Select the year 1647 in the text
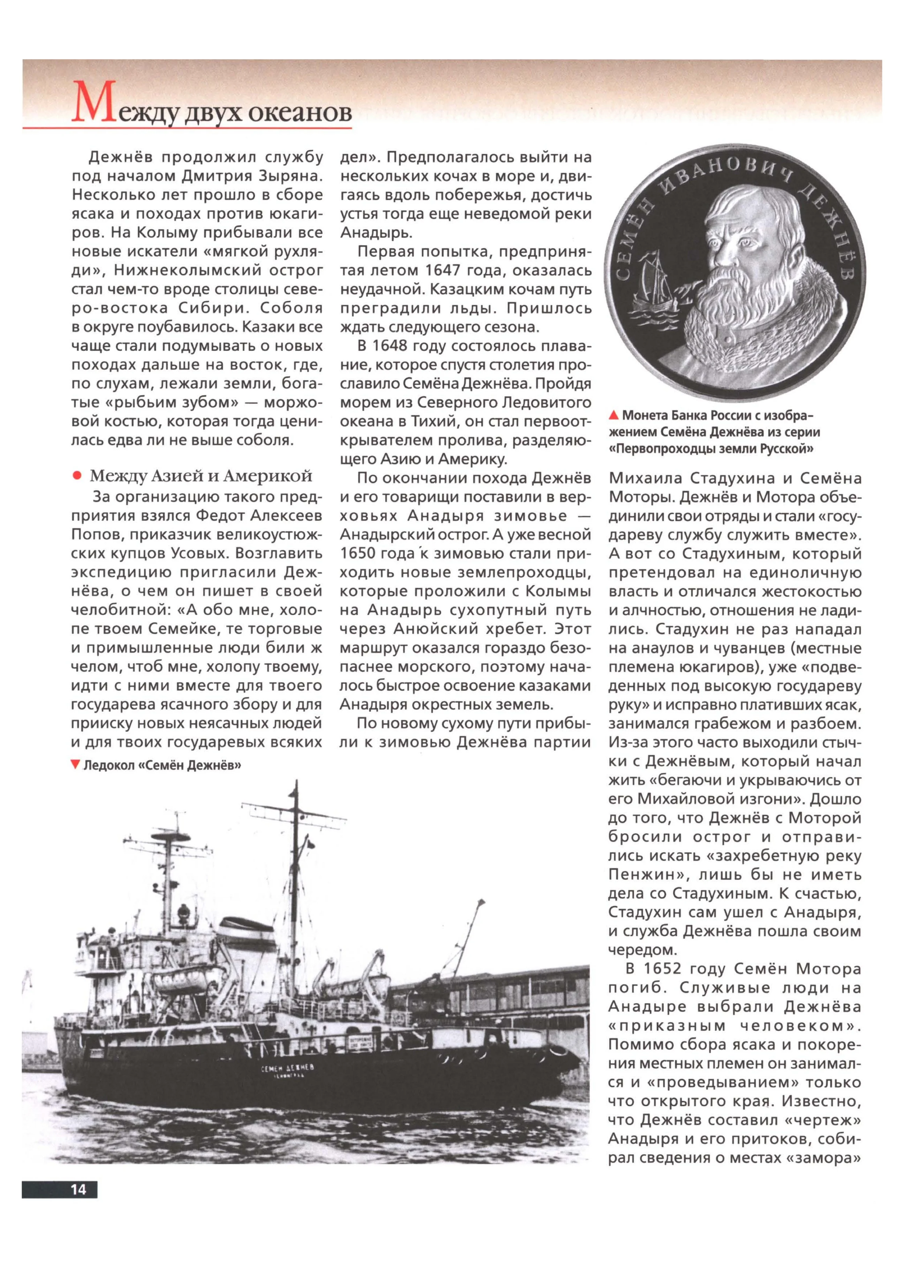point(445,271)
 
